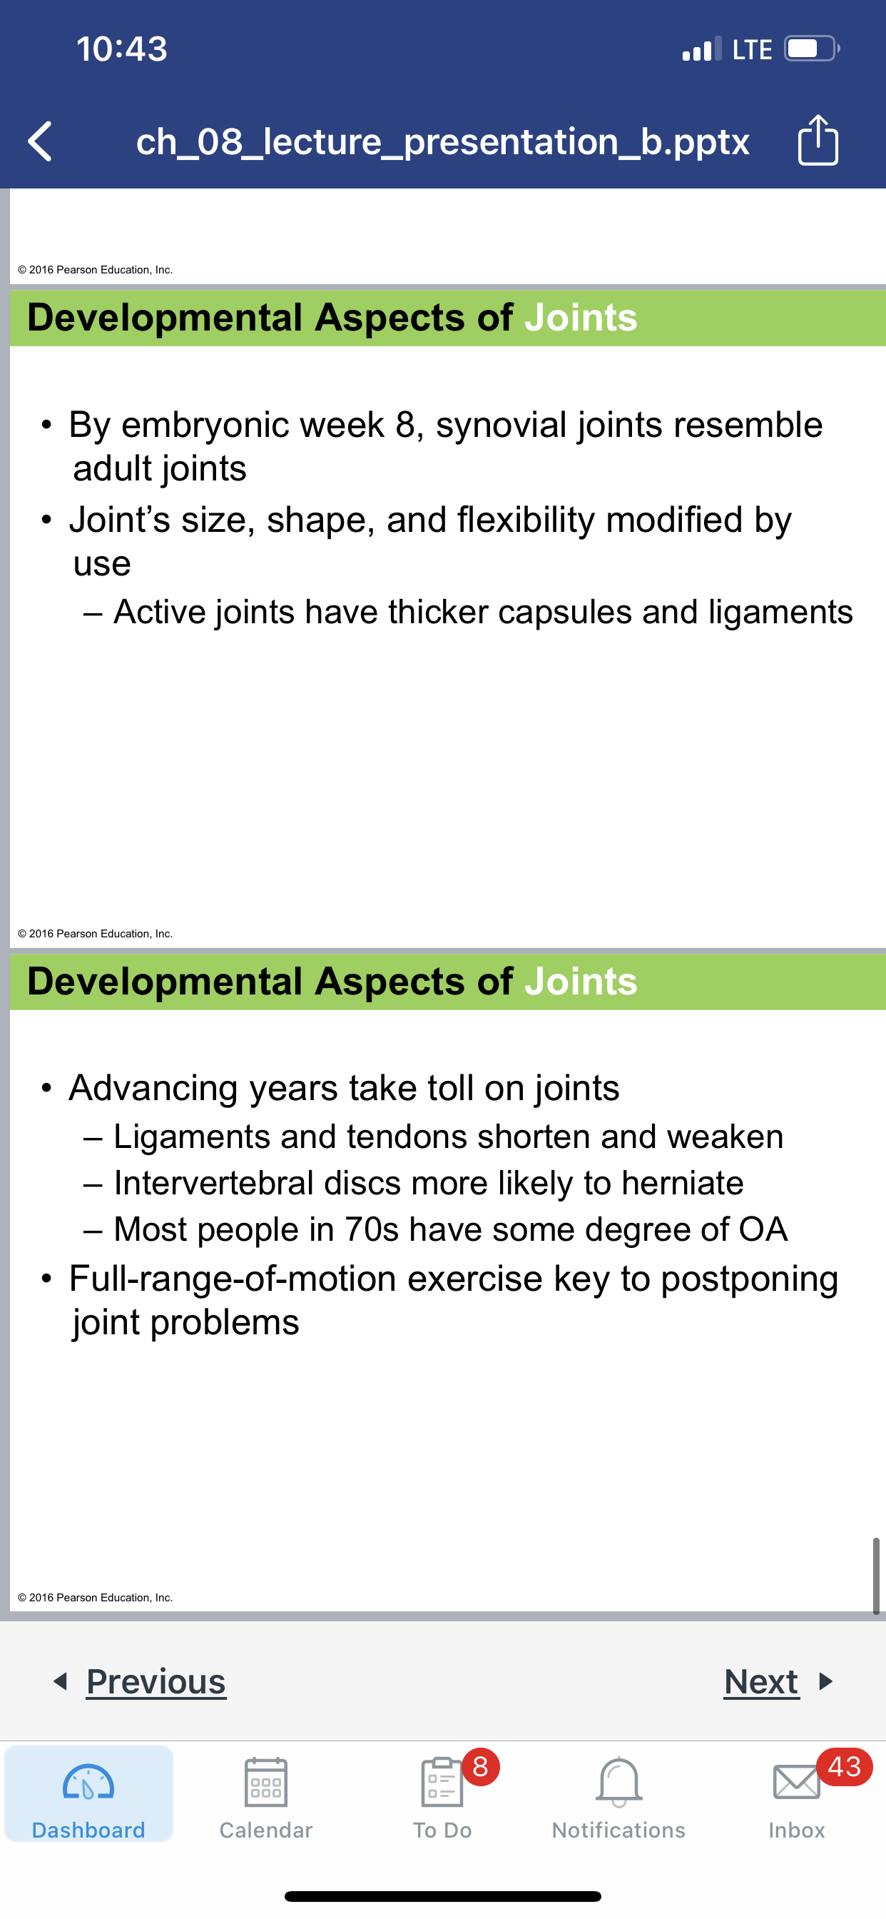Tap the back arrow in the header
39,141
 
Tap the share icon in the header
818,139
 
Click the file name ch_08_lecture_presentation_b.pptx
442,141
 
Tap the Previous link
156,1681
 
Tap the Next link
761,1681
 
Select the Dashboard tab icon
88,1783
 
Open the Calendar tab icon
266,1782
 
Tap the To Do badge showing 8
480,1766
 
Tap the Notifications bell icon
618,1782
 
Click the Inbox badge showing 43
845,1766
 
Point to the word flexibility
526,519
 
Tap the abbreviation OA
763,1229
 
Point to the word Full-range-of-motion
233,1279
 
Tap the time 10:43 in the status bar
122,49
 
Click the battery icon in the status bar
812,49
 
